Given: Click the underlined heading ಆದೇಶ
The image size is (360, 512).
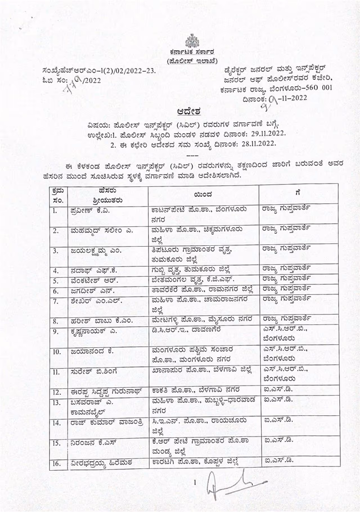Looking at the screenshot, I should (189, 111).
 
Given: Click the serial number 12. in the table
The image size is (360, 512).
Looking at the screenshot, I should (57, 392).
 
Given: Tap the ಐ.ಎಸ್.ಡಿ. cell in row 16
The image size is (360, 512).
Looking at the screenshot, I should (278, 460).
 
